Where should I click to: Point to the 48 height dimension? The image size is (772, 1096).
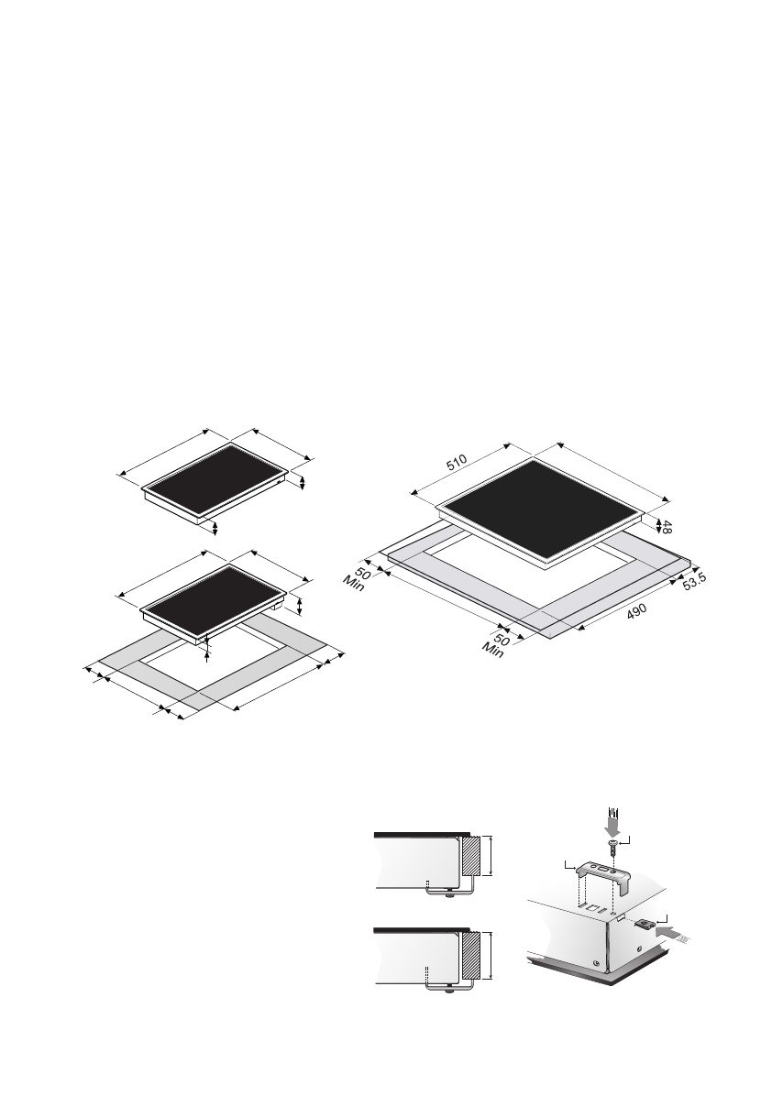(x=667, y=528)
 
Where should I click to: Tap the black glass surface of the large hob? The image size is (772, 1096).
(x=544, y=508)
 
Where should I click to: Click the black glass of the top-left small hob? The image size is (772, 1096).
(x=214, y=480)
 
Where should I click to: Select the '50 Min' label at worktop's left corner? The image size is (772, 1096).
(x=359, y=579)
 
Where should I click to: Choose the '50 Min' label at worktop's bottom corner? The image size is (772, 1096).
(x=497, y=646)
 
